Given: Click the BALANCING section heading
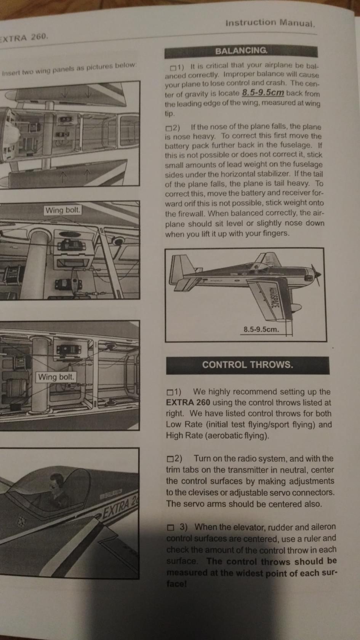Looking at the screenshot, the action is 241,51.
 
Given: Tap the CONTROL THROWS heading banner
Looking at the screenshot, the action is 248,365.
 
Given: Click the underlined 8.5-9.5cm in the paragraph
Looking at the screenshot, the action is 263,93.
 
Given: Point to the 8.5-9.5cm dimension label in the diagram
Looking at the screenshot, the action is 261,329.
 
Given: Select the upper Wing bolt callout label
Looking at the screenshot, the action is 63,210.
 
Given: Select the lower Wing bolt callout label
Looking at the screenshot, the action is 56,377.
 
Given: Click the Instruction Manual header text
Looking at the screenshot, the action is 270,22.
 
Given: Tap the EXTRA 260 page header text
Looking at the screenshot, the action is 24,38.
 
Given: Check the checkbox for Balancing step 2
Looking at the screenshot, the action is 168,128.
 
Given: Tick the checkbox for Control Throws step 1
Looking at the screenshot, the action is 170,392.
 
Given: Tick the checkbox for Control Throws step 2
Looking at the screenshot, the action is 170,459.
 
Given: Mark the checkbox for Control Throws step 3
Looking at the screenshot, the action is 171,528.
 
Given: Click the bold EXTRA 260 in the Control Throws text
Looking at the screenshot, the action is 188,403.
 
